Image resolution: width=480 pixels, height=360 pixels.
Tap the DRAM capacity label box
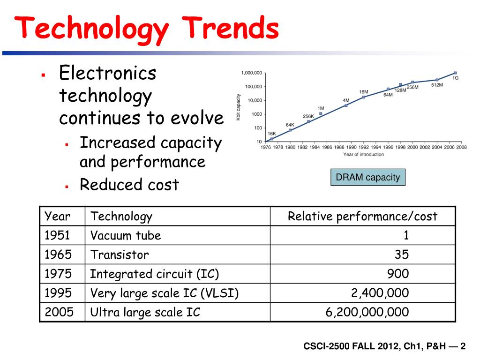(x=368, y=177)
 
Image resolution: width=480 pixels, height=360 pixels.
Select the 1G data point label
(x=455, y=78)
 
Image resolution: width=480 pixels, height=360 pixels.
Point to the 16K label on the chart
(x=272, y=134)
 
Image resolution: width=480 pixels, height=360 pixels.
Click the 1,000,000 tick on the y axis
(x=252, y=73)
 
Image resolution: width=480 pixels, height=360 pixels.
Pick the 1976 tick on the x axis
(x=265, y=147)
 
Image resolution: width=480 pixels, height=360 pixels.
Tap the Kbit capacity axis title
(x=238, y=107)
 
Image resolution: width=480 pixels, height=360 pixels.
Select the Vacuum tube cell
(x=126, y=235)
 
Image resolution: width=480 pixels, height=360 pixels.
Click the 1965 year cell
(x=58, y=255)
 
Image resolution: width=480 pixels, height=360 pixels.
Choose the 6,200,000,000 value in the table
(x=367, y=312)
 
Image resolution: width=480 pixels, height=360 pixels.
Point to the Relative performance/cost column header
(x=362, y=216)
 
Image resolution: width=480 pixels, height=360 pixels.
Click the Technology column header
(x=121, y=216)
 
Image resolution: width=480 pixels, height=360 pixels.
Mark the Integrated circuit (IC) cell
(x=155, y=274)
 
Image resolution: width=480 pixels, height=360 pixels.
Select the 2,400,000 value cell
(x=380, y=293)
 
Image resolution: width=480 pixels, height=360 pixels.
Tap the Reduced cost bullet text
(x=129, y=185)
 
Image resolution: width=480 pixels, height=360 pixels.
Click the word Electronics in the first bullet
(x=107, y=73)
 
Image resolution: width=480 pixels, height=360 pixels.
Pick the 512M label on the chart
(x=437, y=85)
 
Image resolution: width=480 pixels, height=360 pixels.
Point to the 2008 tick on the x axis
(x=461, y=147)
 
